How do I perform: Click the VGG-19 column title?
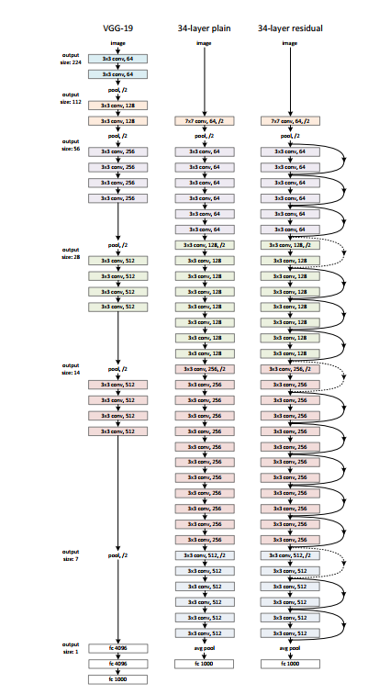[x=117, y=27]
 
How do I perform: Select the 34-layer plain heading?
[x=203, y=27]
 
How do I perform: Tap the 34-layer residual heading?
[x=289, y=27]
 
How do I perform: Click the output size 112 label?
[x=71, y=97]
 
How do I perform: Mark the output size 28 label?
[x=71, y=253]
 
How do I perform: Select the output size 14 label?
[x=71, y=370]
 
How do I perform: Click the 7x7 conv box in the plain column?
[x=203, y=120]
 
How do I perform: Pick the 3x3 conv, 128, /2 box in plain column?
[x=203, y=244]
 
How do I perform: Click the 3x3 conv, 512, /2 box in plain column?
[x=203, y=555]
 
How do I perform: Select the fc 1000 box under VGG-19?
[x=117, y=678]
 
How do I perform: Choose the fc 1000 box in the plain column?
[x=203, y=663]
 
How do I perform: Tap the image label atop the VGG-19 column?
[x=117, y=42]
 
